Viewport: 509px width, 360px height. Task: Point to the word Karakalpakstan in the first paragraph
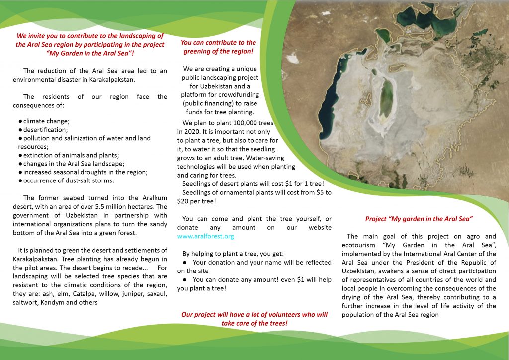(103, 79)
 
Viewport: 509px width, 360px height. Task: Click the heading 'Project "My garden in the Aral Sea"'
(419, 218)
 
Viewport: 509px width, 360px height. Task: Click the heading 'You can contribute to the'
(218, 43)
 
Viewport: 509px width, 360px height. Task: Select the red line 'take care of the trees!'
(254, 323)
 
